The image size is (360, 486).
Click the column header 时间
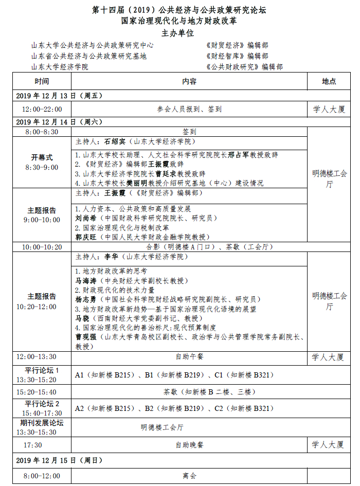point(42,82)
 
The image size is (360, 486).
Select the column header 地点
point(329,82)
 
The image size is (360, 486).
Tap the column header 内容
point(189,82)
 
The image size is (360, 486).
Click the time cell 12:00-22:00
point(42,109)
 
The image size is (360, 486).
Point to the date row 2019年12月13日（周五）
point(60,96)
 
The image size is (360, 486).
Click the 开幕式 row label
point(42,157)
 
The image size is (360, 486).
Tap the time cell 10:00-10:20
point(42,247)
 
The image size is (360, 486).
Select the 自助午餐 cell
point(189,356)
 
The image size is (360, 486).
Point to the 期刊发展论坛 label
point(42,423)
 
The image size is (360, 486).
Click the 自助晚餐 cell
point(189,445)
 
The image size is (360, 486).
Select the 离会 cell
point(189,476)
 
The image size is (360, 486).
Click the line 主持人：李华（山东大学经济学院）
point(133,257)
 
